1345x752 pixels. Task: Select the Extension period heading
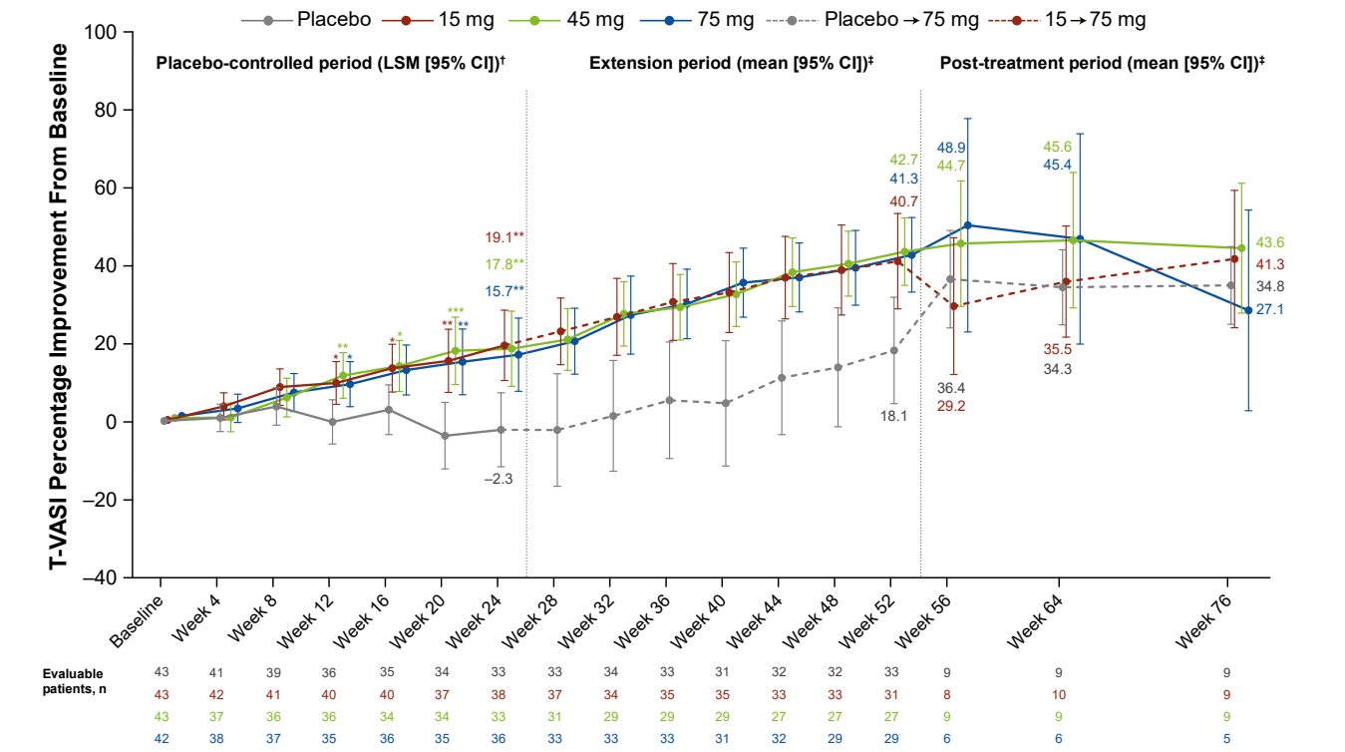731,63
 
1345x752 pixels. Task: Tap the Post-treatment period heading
1102,63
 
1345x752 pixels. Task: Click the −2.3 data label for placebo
498,480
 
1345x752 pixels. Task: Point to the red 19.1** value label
504,237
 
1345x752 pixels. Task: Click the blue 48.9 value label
950,148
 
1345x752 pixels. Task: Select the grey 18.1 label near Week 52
892,416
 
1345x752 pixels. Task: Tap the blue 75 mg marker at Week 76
1248,310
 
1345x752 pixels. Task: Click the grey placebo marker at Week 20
445,436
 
